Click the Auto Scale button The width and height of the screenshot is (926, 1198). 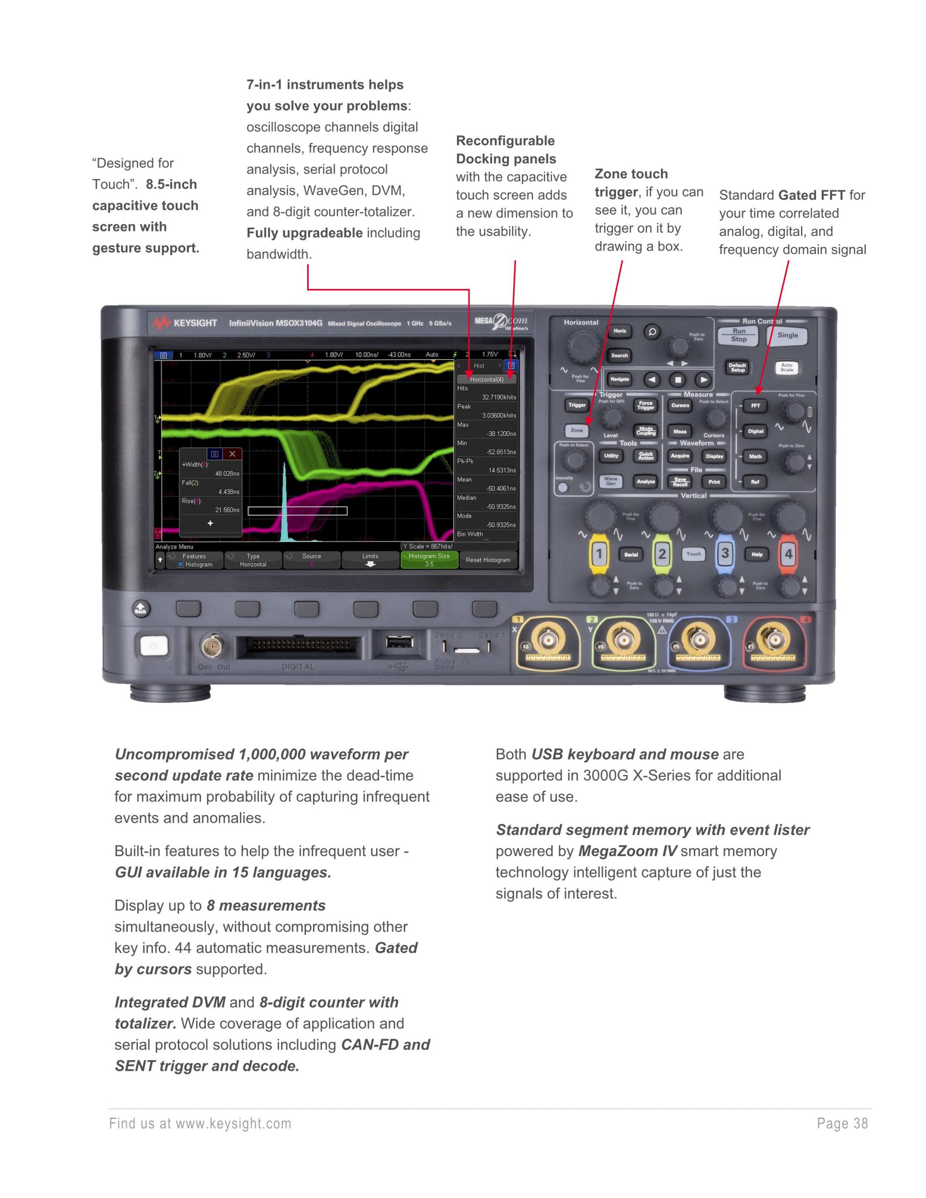tap(787, 368)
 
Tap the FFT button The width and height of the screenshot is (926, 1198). tap(755, 406)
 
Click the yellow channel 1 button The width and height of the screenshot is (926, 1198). tap(599, 554)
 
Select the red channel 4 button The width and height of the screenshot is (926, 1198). tap(789, 554)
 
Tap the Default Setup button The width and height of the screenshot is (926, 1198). tap(737, 368)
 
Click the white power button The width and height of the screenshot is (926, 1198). tap(153, 646)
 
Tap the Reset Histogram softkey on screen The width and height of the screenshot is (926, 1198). tap(488, 560)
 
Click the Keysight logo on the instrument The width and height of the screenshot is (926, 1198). tap(186, 323)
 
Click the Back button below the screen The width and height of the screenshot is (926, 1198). tap(141, 609)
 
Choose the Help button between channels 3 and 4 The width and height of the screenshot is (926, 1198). tap(757, 555)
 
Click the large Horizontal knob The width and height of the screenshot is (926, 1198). tap(583, 346)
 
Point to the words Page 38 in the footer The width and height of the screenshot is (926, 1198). tap(842, 1124)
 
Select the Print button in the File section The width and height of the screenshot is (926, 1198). tap(714, 482)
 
